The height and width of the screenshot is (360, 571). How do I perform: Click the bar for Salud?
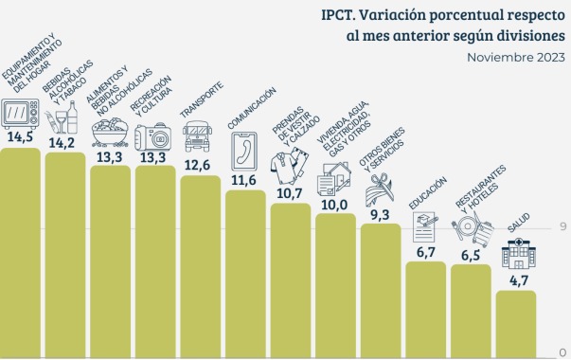(x=517, y=324)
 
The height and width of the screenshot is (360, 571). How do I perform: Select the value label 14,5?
(x=20, y=137)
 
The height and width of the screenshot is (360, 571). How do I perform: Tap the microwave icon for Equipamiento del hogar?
(x=20, y=114)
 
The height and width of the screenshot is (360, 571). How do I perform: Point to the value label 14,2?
(x=65, y=143)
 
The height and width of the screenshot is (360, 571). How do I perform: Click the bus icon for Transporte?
(x=199, y=136)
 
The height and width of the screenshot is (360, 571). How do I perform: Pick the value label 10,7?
(x=290, y=193)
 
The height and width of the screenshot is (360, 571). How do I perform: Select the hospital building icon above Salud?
(x=516, y=251)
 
